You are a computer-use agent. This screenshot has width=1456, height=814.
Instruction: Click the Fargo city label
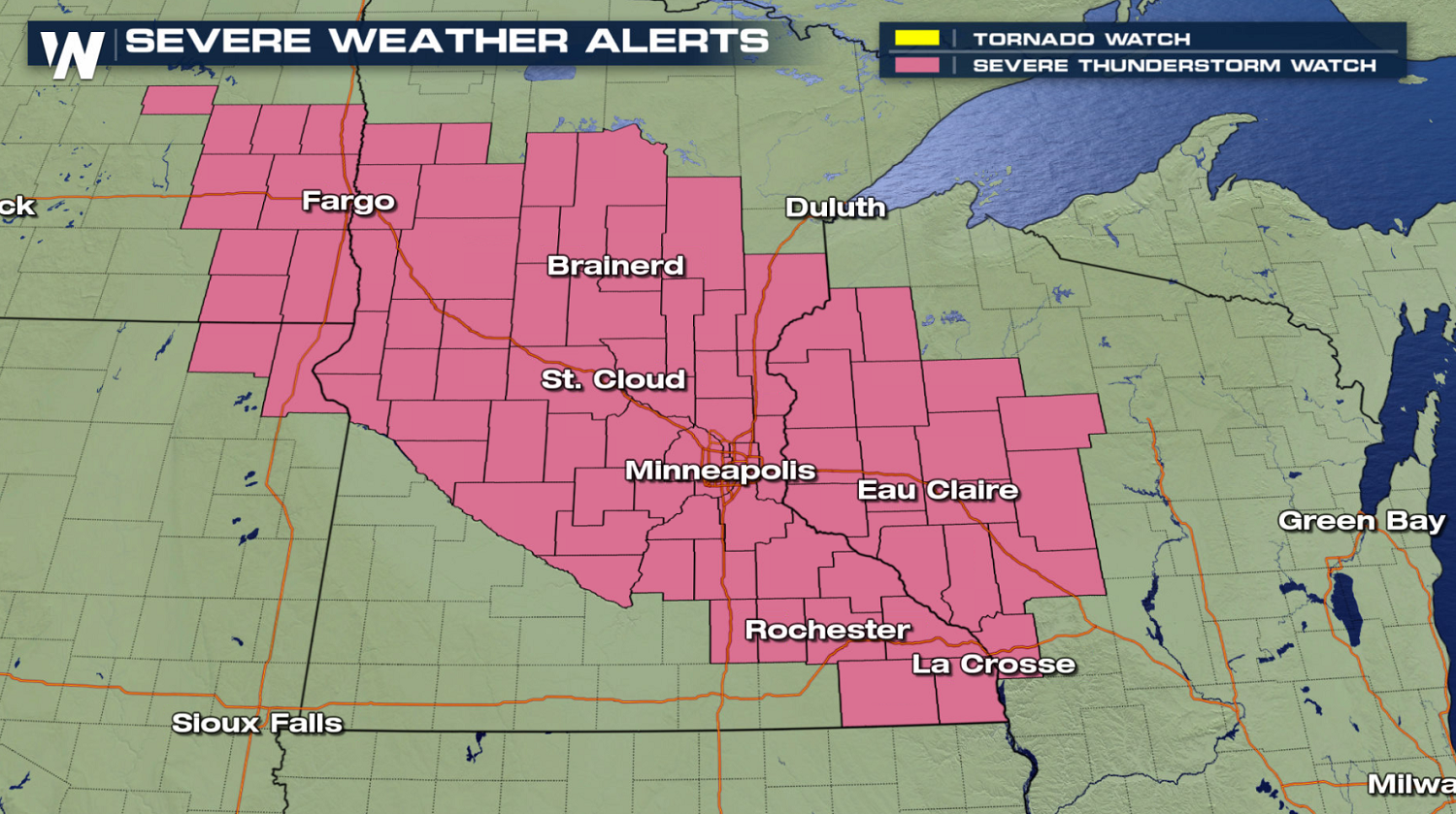[348, 201]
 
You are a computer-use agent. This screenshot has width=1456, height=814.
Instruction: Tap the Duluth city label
[835, 207]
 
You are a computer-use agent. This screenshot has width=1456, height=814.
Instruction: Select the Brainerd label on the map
[615, 265]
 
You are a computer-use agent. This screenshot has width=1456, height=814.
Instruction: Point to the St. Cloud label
[612, 378]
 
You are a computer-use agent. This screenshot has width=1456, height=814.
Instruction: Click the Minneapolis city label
[720, 471]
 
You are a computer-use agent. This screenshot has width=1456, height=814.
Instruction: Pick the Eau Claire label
[938, 490]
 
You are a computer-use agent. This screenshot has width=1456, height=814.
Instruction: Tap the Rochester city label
[827, 630]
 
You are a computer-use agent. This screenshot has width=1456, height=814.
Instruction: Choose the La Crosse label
[993, 664]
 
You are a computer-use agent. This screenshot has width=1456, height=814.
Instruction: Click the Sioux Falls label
[257, 723]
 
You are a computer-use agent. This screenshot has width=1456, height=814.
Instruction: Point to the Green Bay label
[1361, 521]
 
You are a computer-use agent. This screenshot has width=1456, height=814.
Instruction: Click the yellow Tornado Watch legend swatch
[916, 38]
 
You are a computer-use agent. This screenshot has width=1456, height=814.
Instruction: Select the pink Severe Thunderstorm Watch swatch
[916, 65]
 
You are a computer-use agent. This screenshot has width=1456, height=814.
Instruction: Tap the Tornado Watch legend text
[1081, 39]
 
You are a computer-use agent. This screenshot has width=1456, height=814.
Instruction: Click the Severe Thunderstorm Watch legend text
[1175, 66]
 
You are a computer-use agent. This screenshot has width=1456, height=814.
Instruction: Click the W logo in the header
[73, 53]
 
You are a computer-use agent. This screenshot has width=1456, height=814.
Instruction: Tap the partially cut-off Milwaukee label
[1411, 783]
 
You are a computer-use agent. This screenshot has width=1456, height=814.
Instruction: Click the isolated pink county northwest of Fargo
[180, 100]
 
